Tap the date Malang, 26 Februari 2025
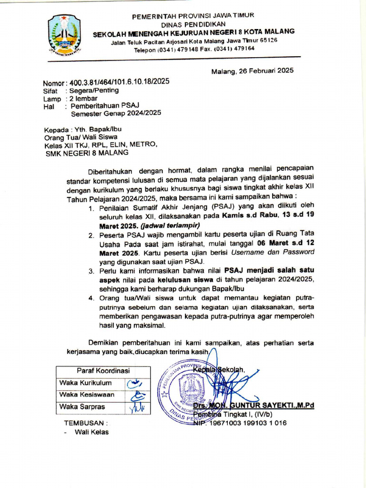(253, 71)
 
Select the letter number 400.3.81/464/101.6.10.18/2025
(119, 82)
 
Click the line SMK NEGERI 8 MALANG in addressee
(86, 152)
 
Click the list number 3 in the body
(91, 271)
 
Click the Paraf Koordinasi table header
(103, 371)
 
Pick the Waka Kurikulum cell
(86, 383)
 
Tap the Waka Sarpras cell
(82, 407)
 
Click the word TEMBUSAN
(86, 423)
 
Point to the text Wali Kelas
(91, 432)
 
